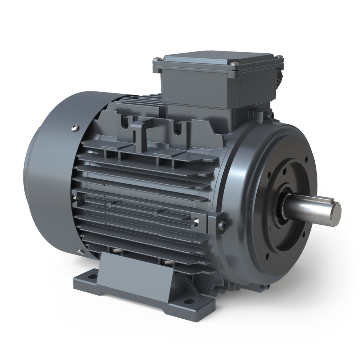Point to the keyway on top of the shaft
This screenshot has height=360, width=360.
click(x=317, y=199)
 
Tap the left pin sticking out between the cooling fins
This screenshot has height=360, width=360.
click(x=109, y=204)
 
